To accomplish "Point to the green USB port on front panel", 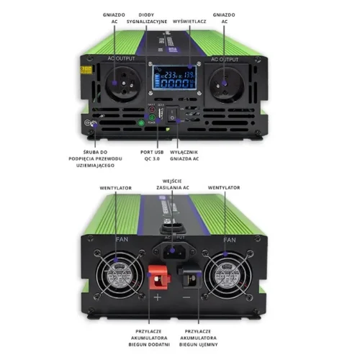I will click(152, 122).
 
